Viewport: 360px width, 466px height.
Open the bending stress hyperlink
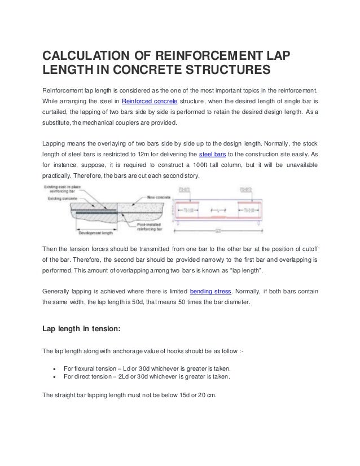coord(209,292)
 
